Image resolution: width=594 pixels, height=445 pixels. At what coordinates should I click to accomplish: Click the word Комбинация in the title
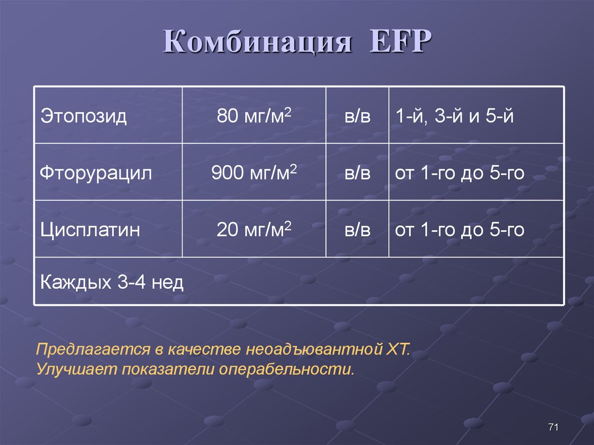tap(257, 45)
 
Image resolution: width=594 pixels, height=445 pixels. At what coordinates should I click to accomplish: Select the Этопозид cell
tap(84, 116)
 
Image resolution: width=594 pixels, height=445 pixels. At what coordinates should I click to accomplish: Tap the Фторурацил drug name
tap(96, 173)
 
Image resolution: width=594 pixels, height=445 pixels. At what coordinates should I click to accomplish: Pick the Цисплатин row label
tap(90, 230)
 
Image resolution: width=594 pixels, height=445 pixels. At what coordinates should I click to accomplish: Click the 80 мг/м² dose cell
tap(253, 116)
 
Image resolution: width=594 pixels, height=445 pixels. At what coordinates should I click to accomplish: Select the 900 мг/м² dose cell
tap(253, 173)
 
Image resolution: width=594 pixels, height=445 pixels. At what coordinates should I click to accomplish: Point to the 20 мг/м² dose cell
tap(253, 230)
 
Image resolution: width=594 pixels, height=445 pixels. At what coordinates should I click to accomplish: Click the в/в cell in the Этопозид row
tap(357, 116)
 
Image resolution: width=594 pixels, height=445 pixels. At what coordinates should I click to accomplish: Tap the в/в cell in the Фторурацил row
tap(357, 173)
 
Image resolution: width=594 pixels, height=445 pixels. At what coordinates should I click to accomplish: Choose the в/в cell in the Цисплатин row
tap(357, 230)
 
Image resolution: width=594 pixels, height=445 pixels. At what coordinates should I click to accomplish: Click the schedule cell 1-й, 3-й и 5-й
tap(454, 116)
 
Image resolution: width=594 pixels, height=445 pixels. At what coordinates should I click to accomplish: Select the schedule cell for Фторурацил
tap(459, 173)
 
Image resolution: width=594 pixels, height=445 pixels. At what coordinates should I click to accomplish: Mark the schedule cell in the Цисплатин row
tap(459, 230)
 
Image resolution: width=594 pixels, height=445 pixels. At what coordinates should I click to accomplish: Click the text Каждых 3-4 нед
tap(111, 283)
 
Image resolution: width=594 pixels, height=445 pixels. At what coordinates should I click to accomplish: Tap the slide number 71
tap(553, 428)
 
